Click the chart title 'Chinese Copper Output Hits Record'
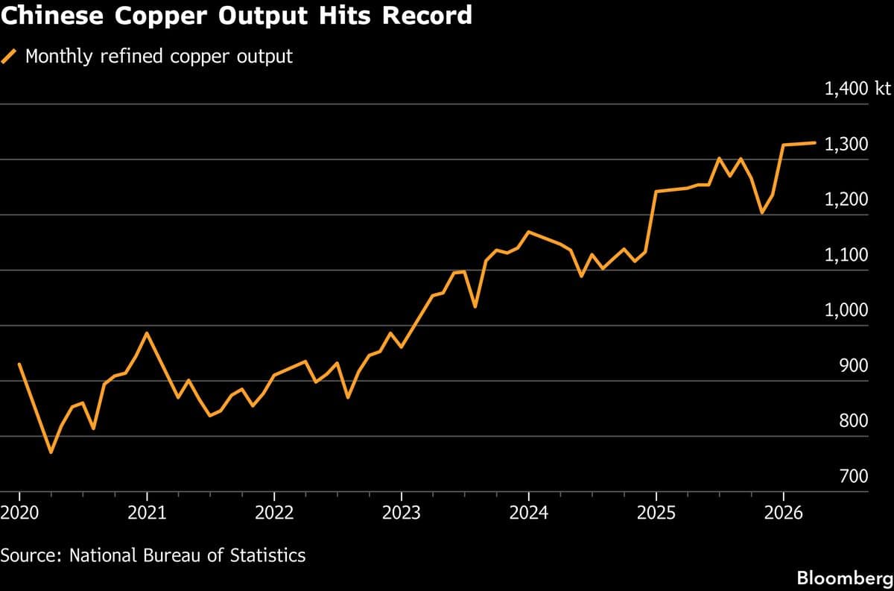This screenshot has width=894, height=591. coord(236,16)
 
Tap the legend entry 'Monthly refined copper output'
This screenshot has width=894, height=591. coord(159,56)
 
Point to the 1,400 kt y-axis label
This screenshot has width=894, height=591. coord(857,89)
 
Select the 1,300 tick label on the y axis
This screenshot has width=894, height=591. coord(846,145)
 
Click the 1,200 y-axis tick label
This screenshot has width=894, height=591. coord(846,200)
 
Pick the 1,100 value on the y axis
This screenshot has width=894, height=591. coord(846,256)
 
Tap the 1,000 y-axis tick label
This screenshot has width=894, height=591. coord(846,311)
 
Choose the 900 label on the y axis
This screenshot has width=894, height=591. coord(854,366)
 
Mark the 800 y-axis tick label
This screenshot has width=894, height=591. coord(854,422)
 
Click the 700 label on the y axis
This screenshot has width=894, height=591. coord(854,477)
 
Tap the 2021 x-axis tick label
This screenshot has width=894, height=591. coord(147,513)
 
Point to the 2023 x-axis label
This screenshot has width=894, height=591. coord(402,513)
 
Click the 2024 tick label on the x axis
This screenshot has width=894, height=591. coord(528,513)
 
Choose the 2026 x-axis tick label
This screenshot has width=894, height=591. coord(783,513)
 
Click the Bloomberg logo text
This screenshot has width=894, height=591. coord(844,578)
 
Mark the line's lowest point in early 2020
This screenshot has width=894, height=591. coord(51,452)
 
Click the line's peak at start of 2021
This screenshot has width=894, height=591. coord(147,333)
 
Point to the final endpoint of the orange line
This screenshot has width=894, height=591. coord(815,142)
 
